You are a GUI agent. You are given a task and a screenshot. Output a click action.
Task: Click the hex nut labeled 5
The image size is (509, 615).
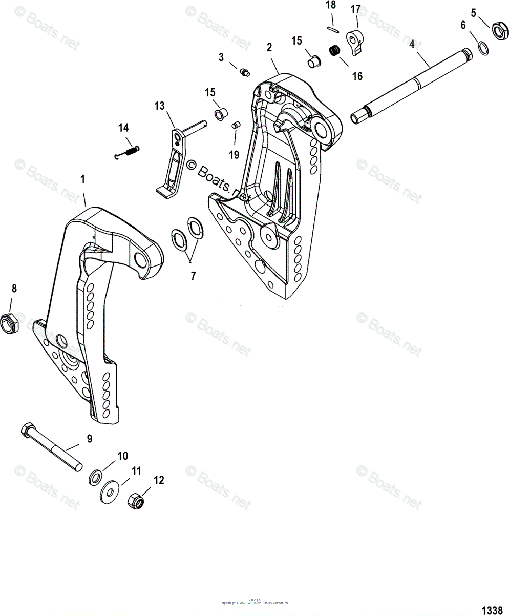pyautogui.click(x=496, y=31)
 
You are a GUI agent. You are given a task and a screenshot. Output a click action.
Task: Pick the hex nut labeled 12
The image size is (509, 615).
pyautogui.click(x=136, y=499)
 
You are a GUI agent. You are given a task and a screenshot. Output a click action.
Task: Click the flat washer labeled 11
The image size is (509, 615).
pyautogui.click(x=110, y=490)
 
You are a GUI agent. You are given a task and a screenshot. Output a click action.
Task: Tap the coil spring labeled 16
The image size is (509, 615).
pyautogui.click(x=335, y=51)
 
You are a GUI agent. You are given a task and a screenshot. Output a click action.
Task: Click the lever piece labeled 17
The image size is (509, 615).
pyautogui.click(x=355, y=43)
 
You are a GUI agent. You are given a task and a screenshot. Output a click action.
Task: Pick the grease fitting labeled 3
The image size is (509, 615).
pyautogui.click(x=244, y=72)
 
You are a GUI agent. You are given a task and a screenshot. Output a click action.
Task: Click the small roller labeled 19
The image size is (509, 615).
pyautogui.click(x=236, y=125)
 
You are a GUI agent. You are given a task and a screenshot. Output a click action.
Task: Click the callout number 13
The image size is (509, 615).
pyautogui.click(x=160, y=106)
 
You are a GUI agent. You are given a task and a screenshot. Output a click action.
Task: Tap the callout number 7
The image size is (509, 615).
pyautogui.click(x=193, y=276)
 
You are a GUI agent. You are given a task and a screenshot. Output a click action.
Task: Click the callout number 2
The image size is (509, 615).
pyautogui.click(x=269, y=47)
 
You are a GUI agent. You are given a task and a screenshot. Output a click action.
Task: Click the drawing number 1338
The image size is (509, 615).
pyautogui.click(x=492, y=610)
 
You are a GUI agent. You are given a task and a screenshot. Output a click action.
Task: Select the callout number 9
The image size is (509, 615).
pyautogui.click(x=89, y=438)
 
